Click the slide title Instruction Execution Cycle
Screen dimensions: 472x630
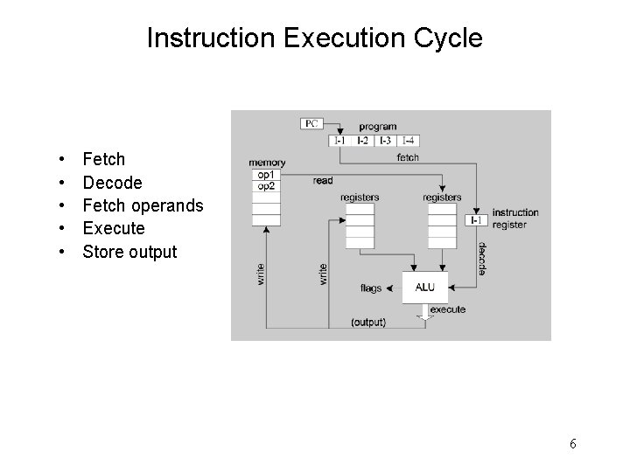[x=314, y=38]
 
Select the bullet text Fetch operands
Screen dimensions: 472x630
[x=143, y=205]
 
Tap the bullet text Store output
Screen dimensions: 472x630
[x=129, y=252]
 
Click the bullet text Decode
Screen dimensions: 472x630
[x=112, y=183]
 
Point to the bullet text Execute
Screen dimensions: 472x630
[x=114, y=228]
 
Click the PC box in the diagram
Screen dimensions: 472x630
[x=311, y=123]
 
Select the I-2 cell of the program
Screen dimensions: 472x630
[x=362, y=141]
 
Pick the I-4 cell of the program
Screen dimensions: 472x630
[x=408, y=141]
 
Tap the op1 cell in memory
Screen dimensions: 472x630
[x=265, y=175]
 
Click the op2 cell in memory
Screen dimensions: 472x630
[x=265, y=186]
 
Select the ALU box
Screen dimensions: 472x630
[x=424, y=287]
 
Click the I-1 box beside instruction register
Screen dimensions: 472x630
[x=475, y=219]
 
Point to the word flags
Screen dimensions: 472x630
[x=372, y=288]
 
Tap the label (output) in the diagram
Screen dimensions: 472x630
[x=367, y=323]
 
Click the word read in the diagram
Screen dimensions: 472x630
[x=322, y=181]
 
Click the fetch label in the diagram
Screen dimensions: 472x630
[x=408, y=157]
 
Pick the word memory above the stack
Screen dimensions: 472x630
[x=267, y=163]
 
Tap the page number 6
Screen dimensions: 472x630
[x=572, y=444]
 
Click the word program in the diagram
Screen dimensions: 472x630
[x=376, y=127]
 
